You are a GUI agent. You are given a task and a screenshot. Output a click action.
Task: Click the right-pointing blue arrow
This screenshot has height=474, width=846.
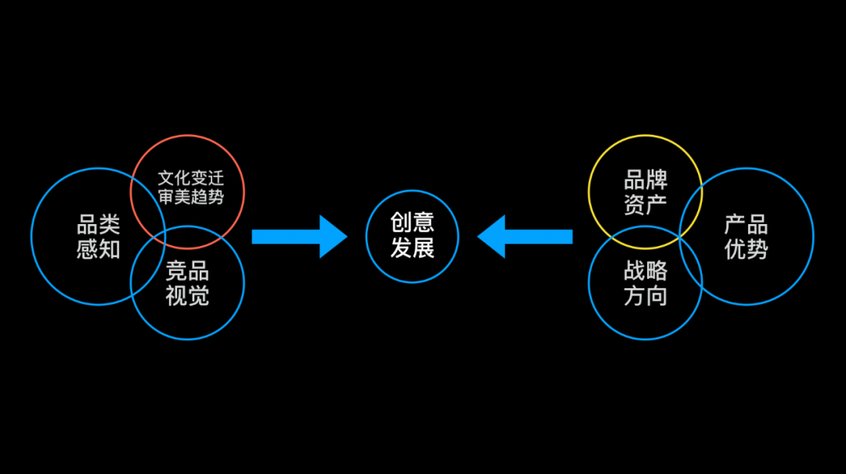point(298,237)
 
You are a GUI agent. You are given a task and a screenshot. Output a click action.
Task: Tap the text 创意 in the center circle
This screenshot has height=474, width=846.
point(412,223)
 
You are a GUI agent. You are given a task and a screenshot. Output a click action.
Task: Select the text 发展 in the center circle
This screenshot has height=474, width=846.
point(412,248)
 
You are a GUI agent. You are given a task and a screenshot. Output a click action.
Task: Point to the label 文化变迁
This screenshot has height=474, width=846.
point(190,179)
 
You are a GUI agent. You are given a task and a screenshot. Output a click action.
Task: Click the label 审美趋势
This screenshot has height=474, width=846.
point(190,197)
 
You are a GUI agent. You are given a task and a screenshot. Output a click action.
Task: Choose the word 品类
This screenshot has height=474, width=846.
point(98,226)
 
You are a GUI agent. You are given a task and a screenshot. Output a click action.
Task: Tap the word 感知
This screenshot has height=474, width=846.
point(98,250)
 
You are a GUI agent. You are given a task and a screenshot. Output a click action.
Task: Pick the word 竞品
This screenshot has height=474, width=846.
point(187,271)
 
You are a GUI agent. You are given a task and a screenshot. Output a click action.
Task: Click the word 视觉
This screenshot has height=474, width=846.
point(187,295)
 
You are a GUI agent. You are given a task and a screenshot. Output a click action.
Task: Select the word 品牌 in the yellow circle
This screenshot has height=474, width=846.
point(645,180)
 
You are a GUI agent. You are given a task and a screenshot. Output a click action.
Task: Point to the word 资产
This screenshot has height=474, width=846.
point(645,204)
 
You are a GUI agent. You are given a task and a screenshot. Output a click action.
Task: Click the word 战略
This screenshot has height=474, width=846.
point(645,271)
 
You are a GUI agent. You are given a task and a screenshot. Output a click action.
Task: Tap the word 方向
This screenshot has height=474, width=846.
point(645,295)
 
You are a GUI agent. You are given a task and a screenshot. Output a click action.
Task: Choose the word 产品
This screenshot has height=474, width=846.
point(746,226)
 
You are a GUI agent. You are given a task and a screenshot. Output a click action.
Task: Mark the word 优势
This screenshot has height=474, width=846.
point(746,250)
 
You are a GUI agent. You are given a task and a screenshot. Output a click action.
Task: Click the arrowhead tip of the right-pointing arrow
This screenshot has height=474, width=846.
point(345,237)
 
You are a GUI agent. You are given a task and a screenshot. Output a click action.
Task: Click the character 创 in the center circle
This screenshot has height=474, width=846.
point(401,223)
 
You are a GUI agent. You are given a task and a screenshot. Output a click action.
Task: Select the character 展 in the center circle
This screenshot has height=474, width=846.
point(423,248)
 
